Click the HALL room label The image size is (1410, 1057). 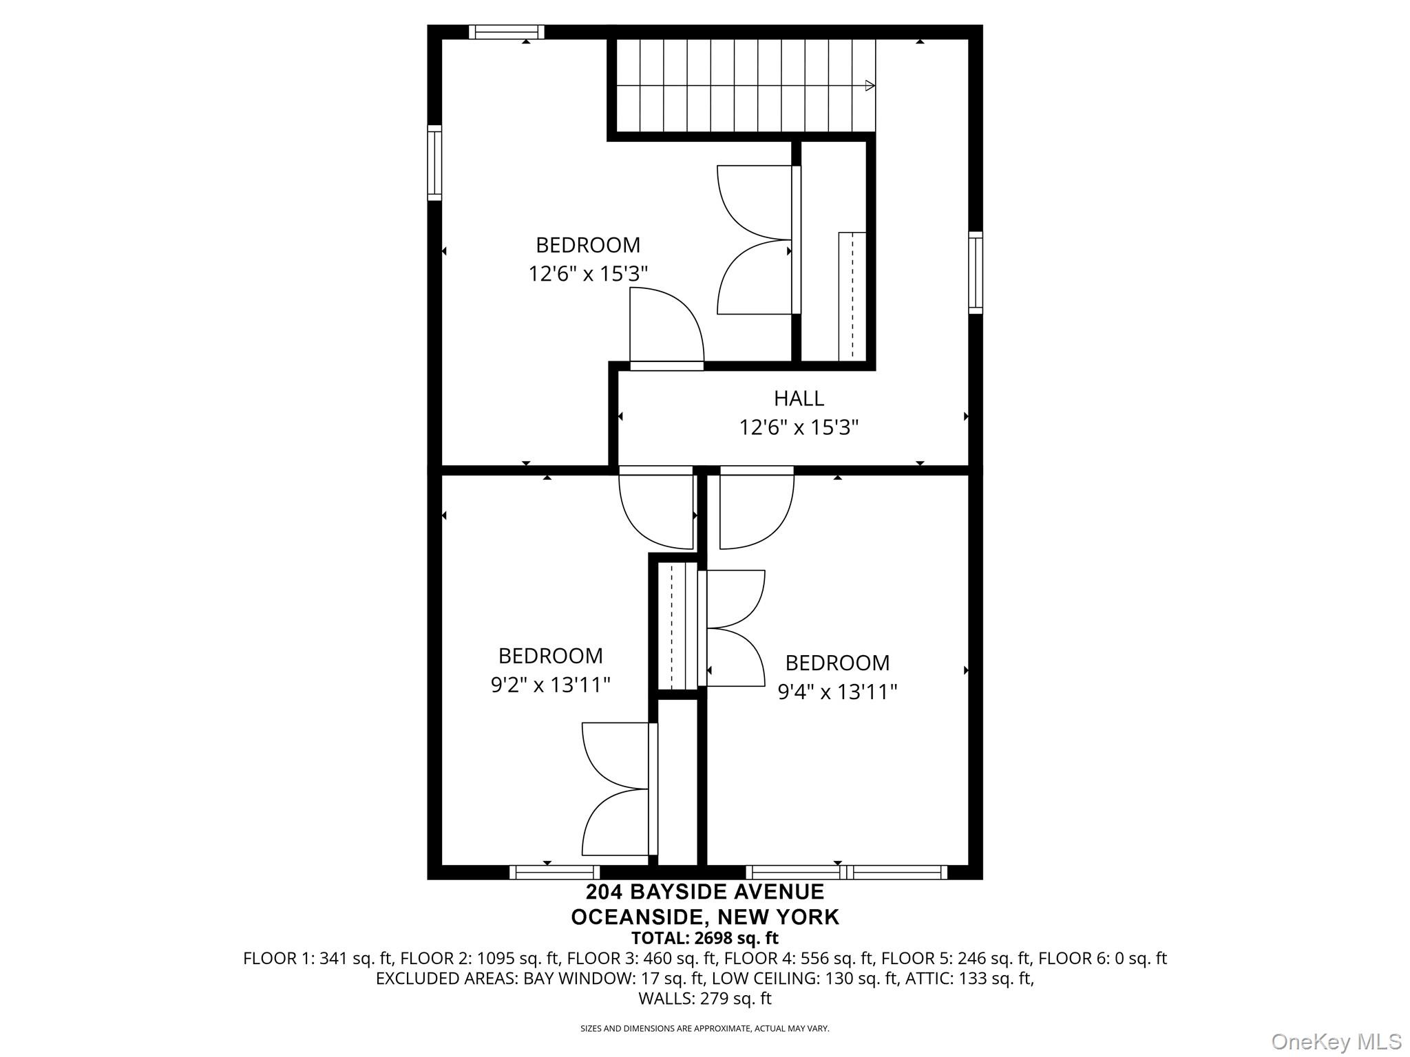[x=799, y=398]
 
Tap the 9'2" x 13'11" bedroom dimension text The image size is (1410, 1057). [x=550, y=685]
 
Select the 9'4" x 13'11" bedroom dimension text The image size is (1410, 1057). [x=837, y=692]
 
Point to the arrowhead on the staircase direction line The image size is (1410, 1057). [x=870, y=86]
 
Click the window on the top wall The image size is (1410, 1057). [x=507, y=32]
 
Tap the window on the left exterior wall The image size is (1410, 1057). [x=434, y=163]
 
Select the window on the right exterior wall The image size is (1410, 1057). [x=975, y=273]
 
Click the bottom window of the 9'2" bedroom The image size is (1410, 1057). [x=554, y=873]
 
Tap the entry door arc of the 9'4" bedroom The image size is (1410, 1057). [x=756, y=511]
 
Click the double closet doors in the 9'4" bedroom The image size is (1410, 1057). [x=735, y=628]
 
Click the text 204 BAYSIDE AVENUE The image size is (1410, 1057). [x=704, y=892]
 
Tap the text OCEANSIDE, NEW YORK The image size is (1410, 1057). [x=704, y=917]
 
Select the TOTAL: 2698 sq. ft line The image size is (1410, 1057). [x=704, y=938]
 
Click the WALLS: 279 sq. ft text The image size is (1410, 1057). [x=704, y=999]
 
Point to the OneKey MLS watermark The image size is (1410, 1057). [x=1336, y=1041]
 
